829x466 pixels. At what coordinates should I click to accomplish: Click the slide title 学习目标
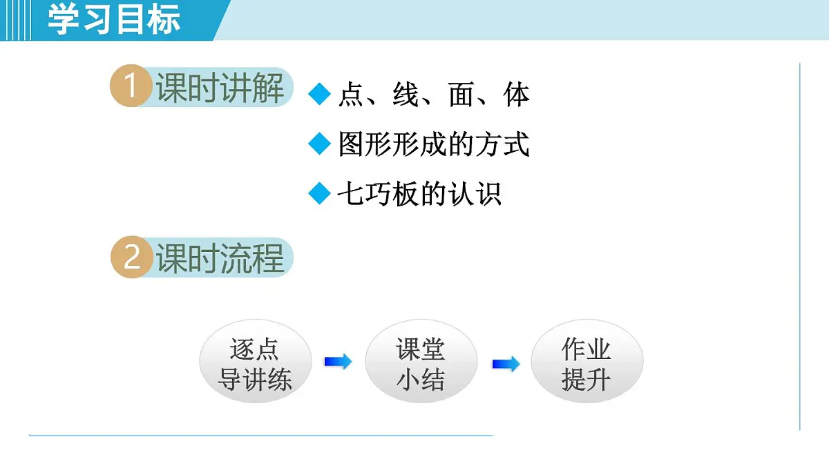click(x=114, y=19)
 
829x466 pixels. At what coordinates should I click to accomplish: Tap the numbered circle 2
click(x=131, y=259)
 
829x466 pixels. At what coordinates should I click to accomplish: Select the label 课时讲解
click(x=220, y=88)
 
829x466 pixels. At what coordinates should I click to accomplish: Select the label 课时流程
click(x=220, y=259)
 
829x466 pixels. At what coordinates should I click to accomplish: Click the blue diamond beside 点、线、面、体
click(x=320, y=95)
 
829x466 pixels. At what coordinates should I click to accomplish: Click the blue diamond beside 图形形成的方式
click(x=320, y=144)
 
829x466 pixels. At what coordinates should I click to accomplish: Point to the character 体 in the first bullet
click(x=517, y=95)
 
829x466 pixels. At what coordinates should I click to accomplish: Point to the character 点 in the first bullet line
click(x=352, y=95)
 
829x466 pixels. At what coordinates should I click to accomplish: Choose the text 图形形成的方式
click(x=434, y=144)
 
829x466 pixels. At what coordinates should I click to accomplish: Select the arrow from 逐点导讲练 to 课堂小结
click(x=338, y=362)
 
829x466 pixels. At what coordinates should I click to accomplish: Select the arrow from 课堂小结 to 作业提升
click(x=506, y=364)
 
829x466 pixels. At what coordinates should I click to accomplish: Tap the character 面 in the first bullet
click(x=461, y=95)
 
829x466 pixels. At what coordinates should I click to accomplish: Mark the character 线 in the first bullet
click(x=406, y=95)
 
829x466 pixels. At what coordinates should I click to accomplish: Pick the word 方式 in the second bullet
click(x=502, y=144)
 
